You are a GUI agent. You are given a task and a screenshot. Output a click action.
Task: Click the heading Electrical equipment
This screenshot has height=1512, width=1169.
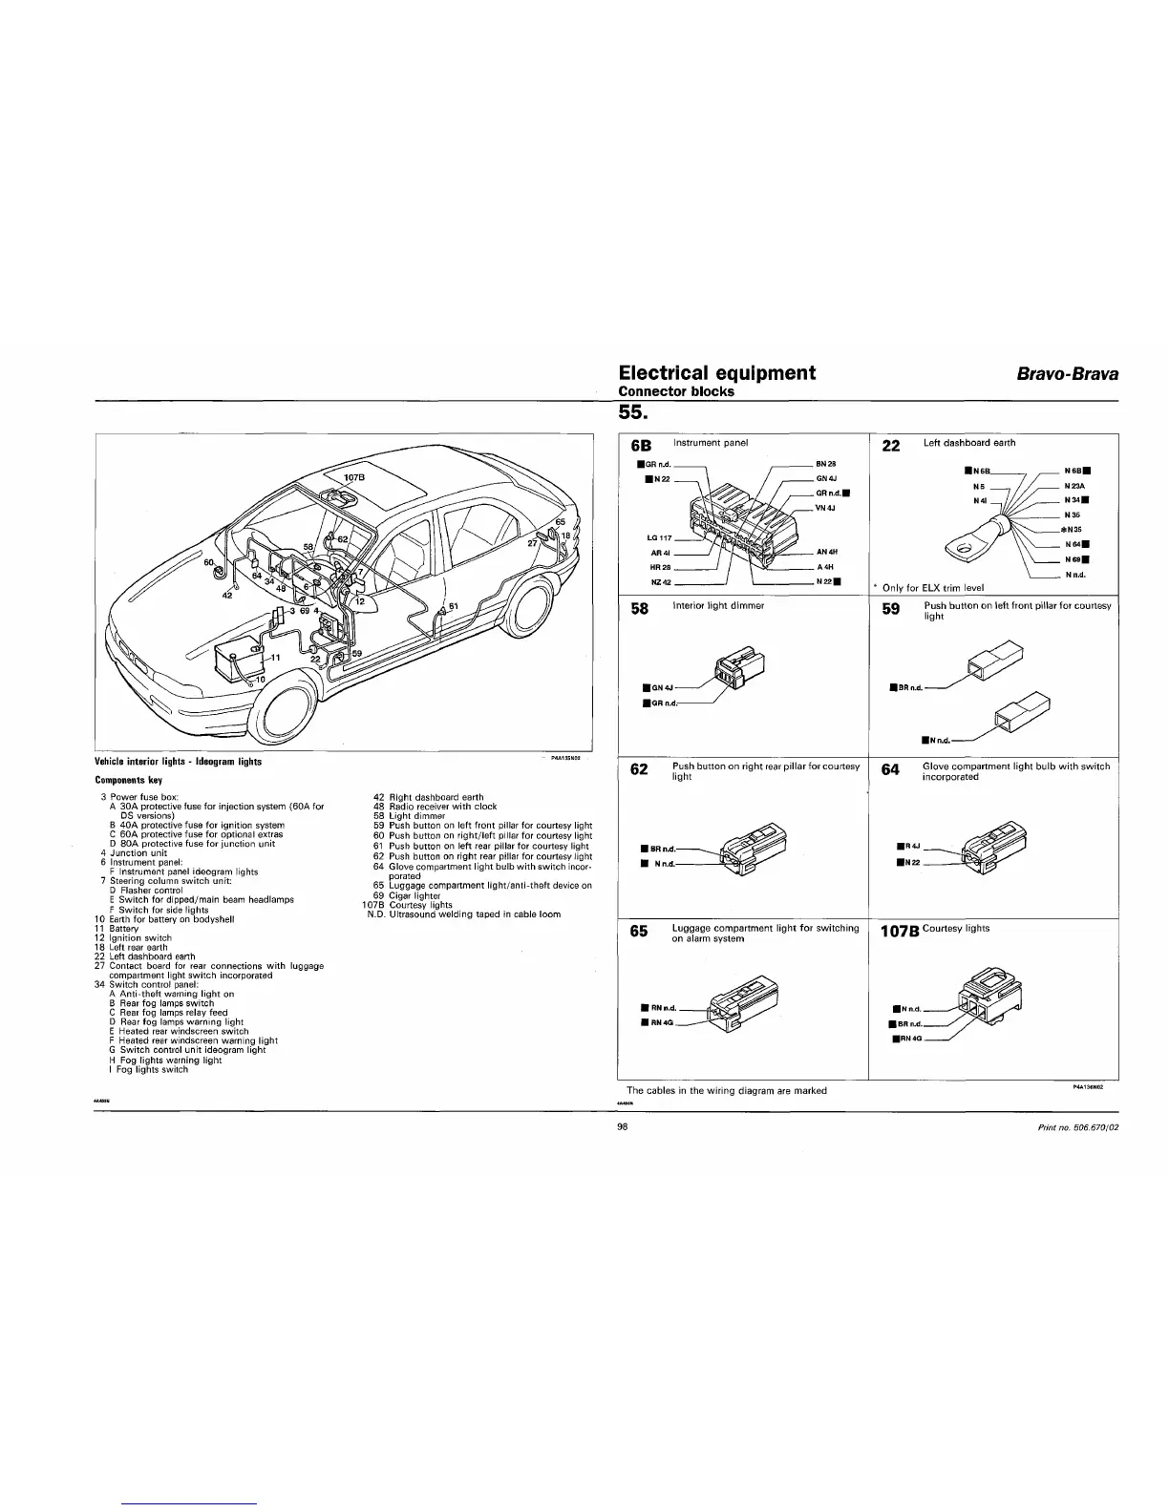coord(716,372)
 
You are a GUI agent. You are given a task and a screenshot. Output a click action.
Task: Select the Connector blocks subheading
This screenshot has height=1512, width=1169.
coord(676,391)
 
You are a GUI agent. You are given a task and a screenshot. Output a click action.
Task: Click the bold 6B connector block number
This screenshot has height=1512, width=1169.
coord(640,445)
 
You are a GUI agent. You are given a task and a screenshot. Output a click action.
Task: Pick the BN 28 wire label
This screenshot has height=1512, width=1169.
coord(825,464)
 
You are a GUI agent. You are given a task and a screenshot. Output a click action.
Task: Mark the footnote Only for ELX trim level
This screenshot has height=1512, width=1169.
coord(932,587)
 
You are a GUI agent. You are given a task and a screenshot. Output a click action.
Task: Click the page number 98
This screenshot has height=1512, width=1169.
coord(623,1126)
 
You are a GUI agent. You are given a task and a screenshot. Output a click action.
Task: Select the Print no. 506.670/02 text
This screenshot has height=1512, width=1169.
coord(1077,1127)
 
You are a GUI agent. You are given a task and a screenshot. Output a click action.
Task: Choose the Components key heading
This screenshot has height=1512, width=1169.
coord(128,780)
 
